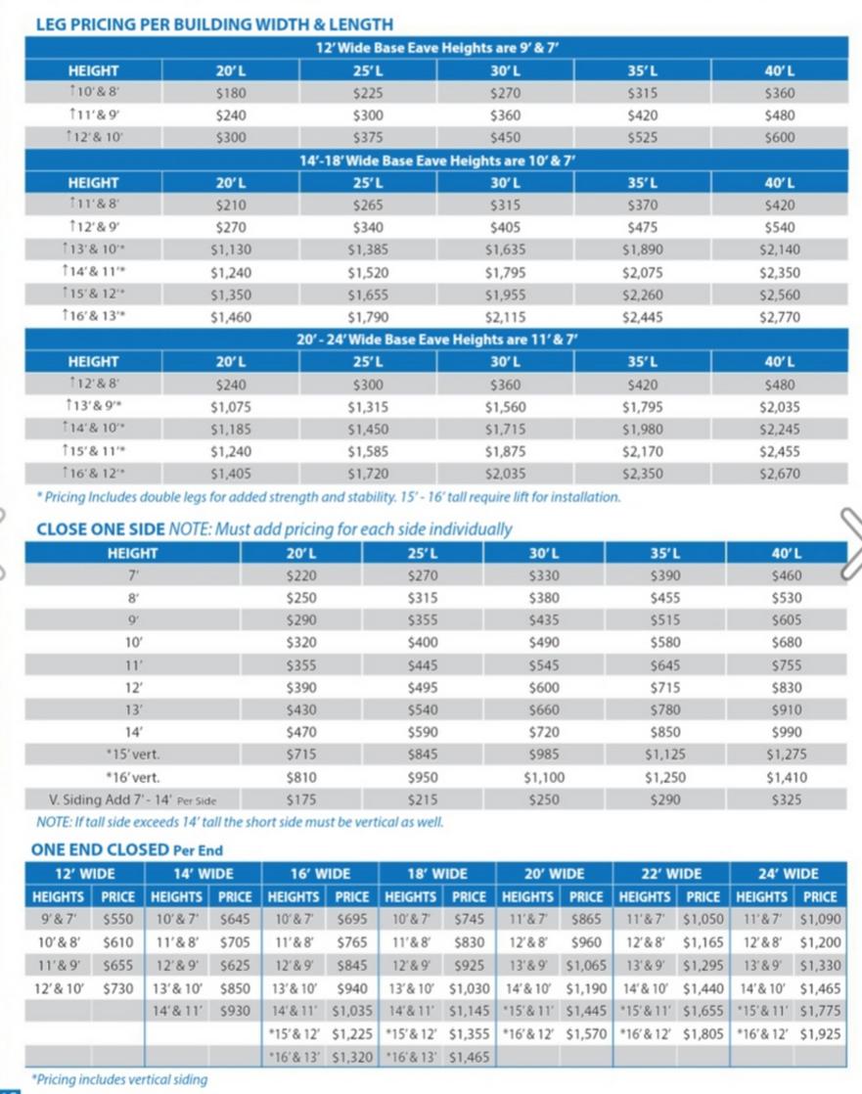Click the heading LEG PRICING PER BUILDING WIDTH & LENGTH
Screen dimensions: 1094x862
[214, 23]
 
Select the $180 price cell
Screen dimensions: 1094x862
[231, 93]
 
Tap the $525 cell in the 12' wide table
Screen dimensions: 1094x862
[642, 138]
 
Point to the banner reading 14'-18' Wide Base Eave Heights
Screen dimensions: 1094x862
[436, 160]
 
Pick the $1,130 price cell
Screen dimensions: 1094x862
[231, 250]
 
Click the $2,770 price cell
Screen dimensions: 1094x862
[779, 317]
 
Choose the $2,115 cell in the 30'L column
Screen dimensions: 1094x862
[505, 317]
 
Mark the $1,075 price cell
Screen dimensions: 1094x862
[231, 407]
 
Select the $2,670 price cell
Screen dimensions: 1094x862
[779, 475]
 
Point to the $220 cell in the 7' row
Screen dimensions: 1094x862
[300, 575]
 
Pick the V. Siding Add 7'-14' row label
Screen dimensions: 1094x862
[132, 800]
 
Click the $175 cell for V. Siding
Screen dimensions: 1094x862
[300, 800]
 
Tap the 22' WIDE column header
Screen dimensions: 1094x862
[672, 874]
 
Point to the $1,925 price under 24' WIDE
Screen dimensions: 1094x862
[820, 1033]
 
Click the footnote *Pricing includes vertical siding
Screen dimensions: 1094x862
[119, 1079]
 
